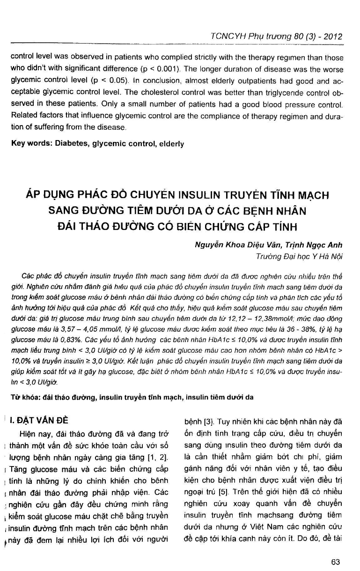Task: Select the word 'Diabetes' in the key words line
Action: (x=72, y=144)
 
